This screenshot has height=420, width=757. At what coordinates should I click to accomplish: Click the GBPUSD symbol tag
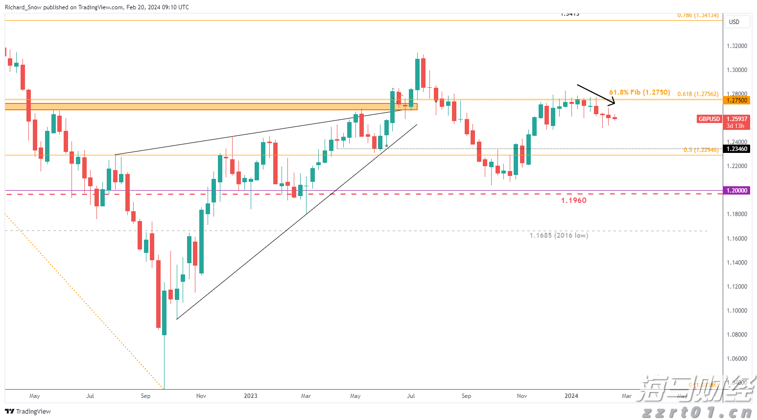[709, 119]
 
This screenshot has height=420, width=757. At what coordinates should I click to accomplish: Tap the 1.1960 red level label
[573, 200]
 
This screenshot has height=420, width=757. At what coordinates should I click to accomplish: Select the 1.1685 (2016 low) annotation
[559, 236]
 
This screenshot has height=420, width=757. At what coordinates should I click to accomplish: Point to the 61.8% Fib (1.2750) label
[639, 92]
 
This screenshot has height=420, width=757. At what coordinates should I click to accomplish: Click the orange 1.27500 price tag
[736, 100]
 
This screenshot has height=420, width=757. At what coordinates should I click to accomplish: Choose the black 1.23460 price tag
[736, 149]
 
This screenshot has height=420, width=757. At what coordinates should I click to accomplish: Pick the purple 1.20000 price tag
[736, 191]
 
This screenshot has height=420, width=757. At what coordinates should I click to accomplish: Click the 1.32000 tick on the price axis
[736, 46]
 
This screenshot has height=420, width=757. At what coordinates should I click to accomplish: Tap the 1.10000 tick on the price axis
[736, 311]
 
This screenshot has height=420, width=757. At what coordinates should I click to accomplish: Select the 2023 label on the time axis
[250, 396]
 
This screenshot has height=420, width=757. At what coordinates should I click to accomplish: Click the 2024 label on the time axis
[571, 396]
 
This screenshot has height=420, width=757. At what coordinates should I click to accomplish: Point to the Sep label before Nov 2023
[466, 396]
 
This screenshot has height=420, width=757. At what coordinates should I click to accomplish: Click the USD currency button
[734, 22]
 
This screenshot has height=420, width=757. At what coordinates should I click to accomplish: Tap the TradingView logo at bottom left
[28, 412]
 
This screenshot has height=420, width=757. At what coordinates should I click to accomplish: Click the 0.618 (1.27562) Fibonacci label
[698, 94]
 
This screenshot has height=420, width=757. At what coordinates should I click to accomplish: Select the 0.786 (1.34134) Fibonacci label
[698, 15]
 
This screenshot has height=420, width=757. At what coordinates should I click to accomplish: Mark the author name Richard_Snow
[23, 7]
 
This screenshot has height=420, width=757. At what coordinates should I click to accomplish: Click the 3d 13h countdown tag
[735, 126]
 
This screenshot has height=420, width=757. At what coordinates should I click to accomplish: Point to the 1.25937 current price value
[736, 119]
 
